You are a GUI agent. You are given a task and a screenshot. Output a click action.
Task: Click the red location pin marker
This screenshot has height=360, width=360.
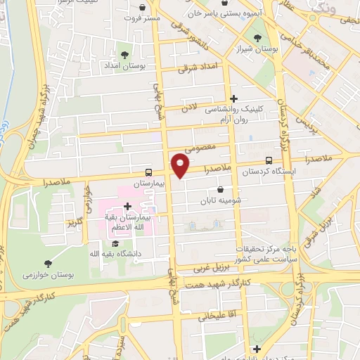point(181,165)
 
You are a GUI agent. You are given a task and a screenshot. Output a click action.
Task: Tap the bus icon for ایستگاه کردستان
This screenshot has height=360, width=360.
point(271,161)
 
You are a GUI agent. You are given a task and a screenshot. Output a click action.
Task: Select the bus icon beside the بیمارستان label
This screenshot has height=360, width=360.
point(148,172)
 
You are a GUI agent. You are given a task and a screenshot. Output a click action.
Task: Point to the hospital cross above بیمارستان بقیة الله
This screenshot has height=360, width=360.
point(127,206)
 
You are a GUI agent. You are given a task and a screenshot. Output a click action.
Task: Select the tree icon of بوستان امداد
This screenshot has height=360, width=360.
point(124,53)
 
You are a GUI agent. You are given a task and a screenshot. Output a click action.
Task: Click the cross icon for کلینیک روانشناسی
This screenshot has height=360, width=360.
point(234,99)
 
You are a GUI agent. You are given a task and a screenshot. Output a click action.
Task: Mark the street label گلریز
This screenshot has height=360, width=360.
point(75,223)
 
